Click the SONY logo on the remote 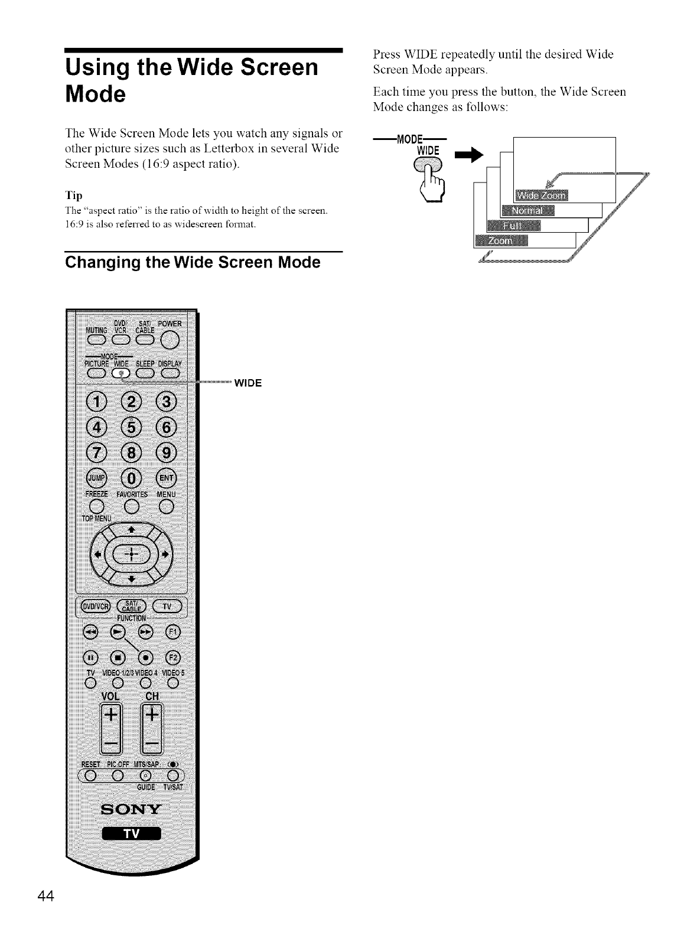[131, 808]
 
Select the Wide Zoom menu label [540, 196]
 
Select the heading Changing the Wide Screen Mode [193, 263]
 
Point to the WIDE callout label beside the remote [248, 383]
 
